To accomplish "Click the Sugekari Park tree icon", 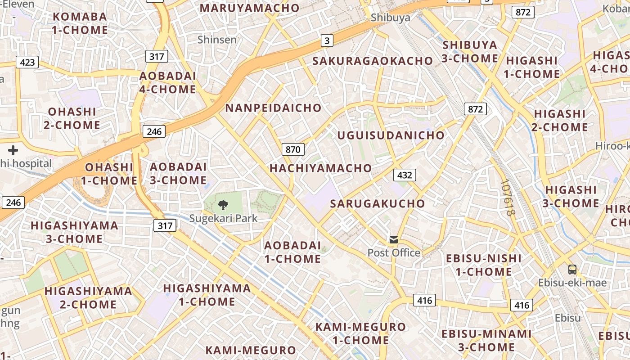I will (x=223, y=206).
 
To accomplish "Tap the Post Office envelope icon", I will (x=394, y=239).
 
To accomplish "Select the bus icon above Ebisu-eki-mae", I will (x=572, y=270).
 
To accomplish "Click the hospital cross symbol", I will (x=13, y=150).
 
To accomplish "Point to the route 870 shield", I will (x=293, y=149).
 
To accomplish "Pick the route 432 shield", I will (x=405, y=175).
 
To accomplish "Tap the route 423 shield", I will (x=27, y=62).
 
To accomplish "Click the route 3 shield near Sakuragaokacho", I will (x=327, y=40).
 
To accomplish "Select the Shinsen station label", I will (x=217, y=40).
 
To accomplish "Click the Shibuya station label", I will (x=391, y=18).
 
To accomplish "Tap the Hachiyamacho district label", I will (x=321, y=168).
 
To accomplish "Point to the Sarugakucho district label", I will (x=377, y=203).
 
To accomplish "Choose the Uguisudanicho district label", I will (x=391, y=135).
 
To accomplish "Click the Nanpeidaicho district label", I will (x=273, y=108).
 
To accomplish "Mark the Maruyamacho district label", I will (x=249, y=8).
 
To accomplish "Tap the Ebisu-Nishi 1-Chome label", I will (x=484, y=265).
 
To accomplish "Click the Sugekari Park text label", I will (x=223, y=219).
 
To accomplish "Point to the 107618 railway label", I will (x=507, y=198).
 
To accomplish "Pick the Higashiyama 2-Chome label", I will (x=88, y=297).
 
